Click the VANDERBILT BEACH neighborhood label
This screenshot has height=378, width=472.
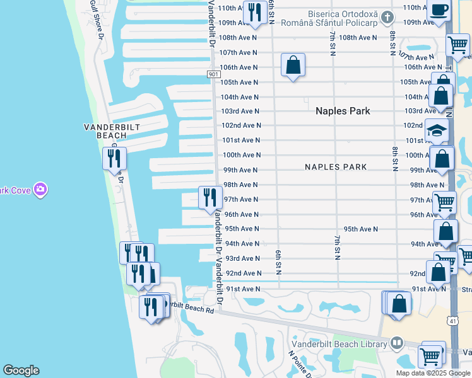(x=112, y=130)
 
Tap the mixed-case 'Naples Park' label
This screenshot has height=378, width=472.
(x=343, y=111)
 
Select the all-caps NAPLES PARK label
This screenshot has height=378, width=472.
(x=336, y=168)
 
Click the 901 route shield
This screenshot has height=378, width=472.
(x=213, y=74)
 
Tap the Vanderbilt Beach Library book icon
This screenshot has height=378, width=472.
(x=396, y=343)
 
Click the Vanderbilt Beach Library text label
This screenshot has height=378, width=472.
(x=338, y=344)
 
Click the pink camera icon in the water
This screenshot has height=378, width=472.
(x=40, y=189)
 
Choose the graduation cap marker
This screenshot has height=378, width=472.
(x=437, y=130)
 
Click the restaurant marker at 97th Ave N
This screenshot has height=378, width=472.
(x=210, y=197)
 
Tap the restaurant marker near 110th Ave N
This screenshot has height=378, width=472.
(x=255, y=13)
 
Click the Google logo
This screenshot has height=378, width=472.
(x=21, y=370)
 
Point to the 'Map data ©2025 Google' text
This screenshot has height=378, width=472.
(x=433, y=373)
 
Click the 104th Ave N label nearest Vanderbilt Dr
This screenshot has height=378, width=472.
(x=239, y=97)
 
